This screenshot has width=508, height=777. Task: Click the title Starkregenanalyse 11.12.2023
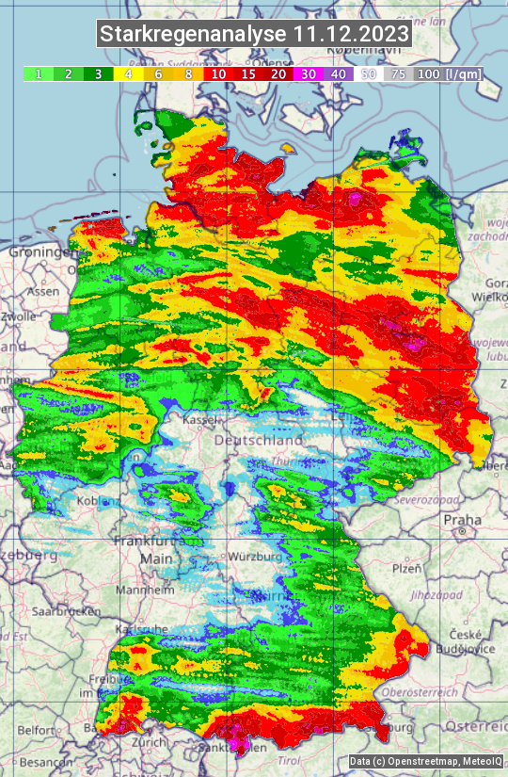tap(254, 35)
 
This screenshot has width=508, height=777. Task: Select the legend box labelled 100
tap(428, 73)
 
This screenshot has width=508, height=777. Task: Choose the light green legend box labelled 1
tap(38, 73)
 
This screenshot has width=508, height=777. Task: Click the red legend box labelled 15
tap(248, 73)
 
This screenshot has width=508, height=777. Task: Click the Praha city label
tap(463, 520)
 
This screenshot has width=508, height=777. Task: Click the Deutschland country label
tap(259, 440)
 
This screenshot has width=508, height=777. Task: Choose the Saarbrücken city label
tap(66, 611)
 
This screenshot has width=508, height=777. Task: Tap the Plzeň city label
tap(406, 569)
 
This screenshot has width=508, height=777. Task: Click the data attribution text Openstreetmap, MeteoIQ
tap(423, 761)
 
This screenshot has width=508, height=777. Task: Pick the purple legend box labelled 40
tap(339, 73)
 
